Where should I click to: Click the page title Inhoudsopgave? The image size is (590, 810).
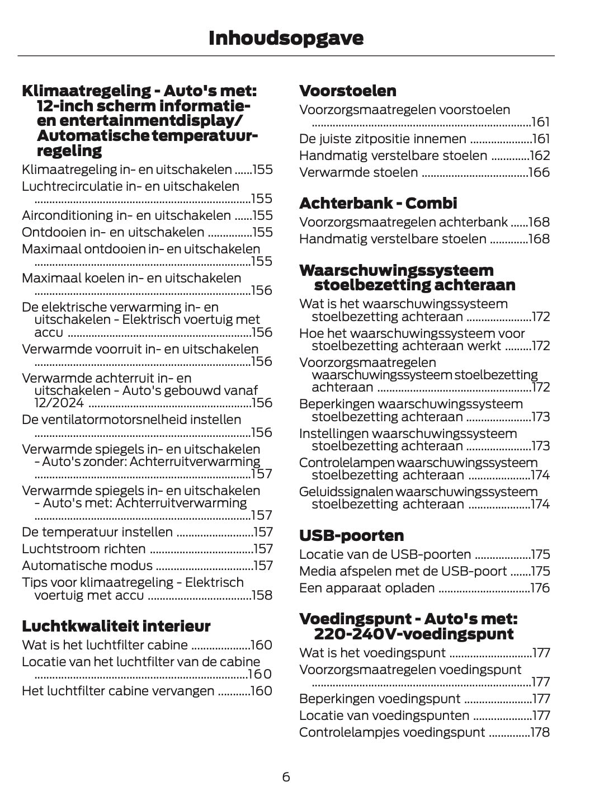pyautogui.click(x=286, y=38)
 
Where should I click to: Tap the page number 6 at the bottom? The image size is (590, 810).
pyautogui.click(x=286, y=777)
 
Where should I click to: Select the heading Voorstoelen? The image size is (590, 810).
pyautogui.click(x=347, y=91)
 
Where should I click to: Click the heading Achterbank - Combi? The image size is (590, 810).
pyautogui.click(x=378, y=203)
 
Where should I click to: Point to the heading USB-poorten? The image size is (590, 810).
pyautogui.click(x=351, y=535)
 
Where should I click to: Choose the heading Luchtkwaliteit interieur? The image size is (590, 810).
pyautogui.click(x=116, y=625)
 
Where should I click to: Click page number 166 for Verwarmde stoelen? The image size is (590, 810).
pyautogui.click(x=539, y=172)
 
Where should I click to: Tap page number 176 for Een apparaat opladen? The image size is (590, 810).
pyautogui.click(x=540, y=588)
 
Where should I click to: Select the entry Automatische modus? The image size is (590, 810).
pyautogui.click(x=87, y=566)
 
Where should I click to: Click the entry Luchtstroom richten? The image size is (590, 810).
pyautogui.click(x=83, y=549)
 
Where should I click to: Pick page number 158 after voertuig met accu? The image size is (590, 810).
pyautogui.click(x=262, y=595)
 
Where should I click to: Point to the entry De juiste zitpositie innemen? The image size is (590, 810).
pyautogui.click(x=383, y=139)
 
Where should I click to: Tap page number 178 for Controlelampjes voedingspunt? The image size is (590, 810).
pyautogui.click(x=540, y=732)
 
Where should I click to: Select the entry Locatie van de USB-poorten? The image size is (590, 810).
pyautogui.click(x=385, y=554)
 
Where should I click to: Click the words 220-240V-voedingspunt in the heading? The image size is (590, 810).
pyautogui.click(x=413, y=634)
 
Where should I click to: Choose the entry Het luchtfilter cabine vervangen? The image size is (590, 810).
pyautogui.click(x=118, y=691)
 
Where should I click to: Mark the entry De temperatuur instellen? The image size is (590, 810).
pyautogui.click(x=97, y=532)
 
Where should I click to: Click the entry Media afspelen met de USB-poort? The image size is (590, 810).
pyautogui.click(x=403, y=571)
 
